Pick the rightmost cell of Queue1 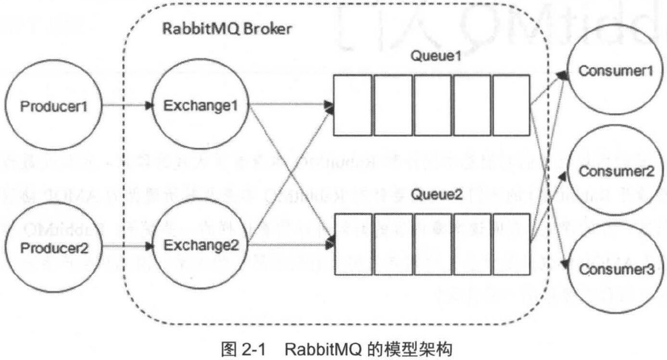(x=510, y=105)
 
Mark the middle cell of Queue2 (x=431, y=244)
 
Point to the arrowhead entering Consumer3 (x=566, y=263)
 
